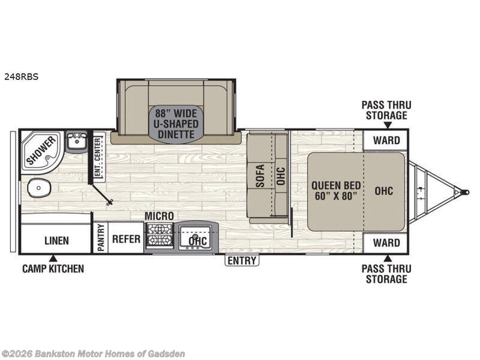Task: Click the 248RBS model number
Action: [x=21, y=77]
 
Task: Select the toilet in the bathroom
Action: [x=39, y=188]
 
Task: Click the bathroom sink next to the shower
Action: [x=77, y=140]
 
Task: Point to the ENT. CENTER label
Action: [x=98, y=157]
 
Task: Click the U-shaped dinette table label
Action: [x=176, y=124]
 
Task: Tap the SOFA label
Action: [x=260, y=176]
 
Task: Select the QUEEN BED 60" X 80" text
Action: [x=336, y=191]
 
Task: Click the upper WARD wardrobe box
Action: [x=386, y=140]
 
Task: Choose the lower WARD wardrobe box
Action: [x=386, y=243]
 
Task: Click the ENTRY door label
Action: [x=242, y=261]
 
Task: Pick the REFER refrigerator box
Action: [x=126, y=239]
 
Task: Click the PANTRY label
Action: [x=101, y=238]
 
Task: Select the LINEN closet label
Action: [x=56, y=241]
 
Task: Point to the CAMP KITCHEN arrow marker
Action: [x=53, y=259]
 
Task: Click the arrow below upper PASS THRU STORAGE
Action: [x=388, y=125]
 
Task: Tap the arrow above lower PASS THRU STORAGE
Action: [x=388, y=259]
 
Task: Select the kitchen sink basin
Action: [x=194, y=236]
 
